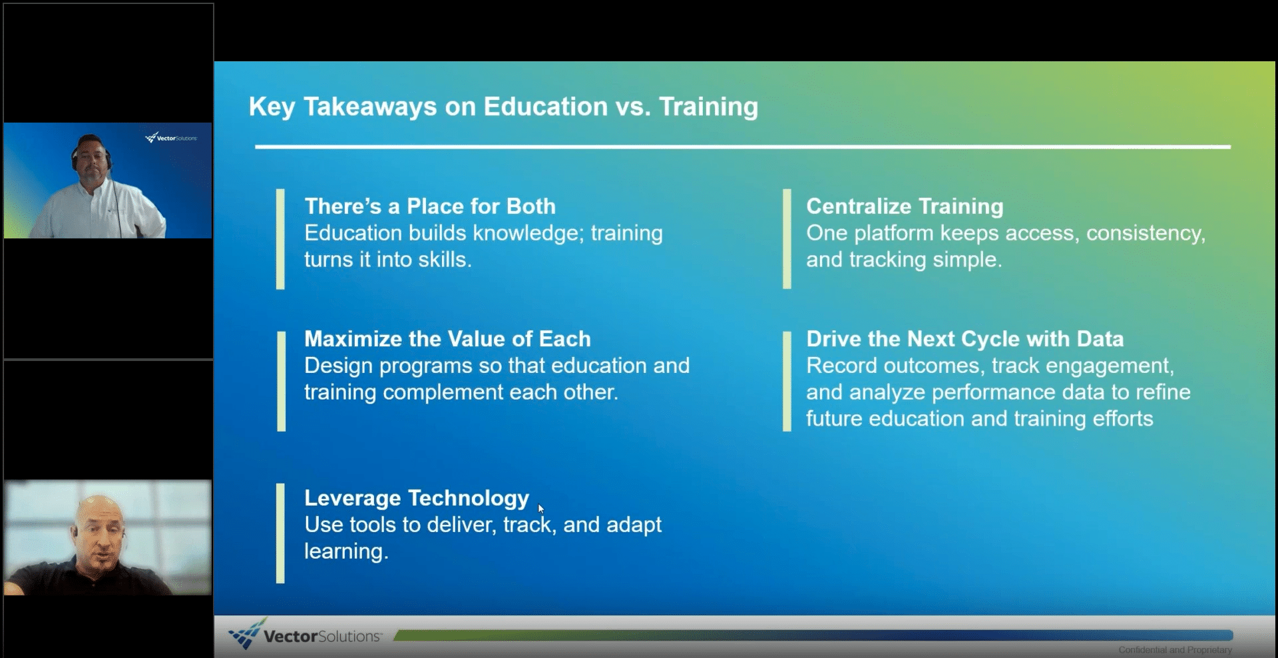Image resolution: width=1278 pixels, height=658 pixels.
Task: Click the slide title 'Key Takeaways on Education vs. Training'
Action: pos(503,107)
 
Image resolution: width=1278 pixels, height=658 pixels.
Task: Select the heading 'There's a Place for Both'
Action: pos(430,206)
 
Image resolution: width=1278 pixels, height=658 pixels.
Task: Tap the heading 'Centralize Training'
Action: pos(905,206)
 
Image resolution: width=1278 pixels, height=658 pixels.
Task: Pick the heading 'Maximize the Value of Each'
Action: pos(447,339)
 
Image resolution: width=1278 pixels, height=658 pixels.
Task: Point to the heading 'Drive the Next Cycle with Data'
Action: pos(964,339)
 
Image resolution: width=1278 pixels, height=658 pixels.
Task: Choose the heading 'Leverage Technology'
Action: pos(417,498)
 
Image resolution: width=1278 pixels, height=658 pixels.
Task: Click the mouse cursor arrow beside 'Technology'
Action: pos(540,509)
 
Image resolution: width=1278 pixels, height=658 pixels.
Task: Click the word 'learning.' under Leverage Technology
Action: pos(346,552)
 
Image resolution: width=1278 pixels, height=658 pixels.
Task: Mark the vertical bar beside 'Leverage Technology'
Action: pos(280,533)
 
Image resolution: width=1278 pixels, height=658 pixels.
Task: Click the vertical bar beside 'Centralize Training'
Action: pos(787,239)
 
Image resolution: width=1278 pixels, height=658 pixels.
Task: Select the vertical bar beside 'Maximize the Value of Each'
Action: pos(281,381)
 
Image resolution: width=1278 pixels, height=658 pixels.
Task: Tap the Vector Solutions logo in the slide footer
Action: pos(304,635)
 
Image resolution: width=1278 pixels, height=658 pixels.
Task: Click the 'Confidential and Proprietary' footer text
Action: pos(1175,650)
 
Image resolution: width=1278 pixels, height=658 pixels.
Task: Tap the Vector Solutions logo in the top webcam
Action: pos(171,138)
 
